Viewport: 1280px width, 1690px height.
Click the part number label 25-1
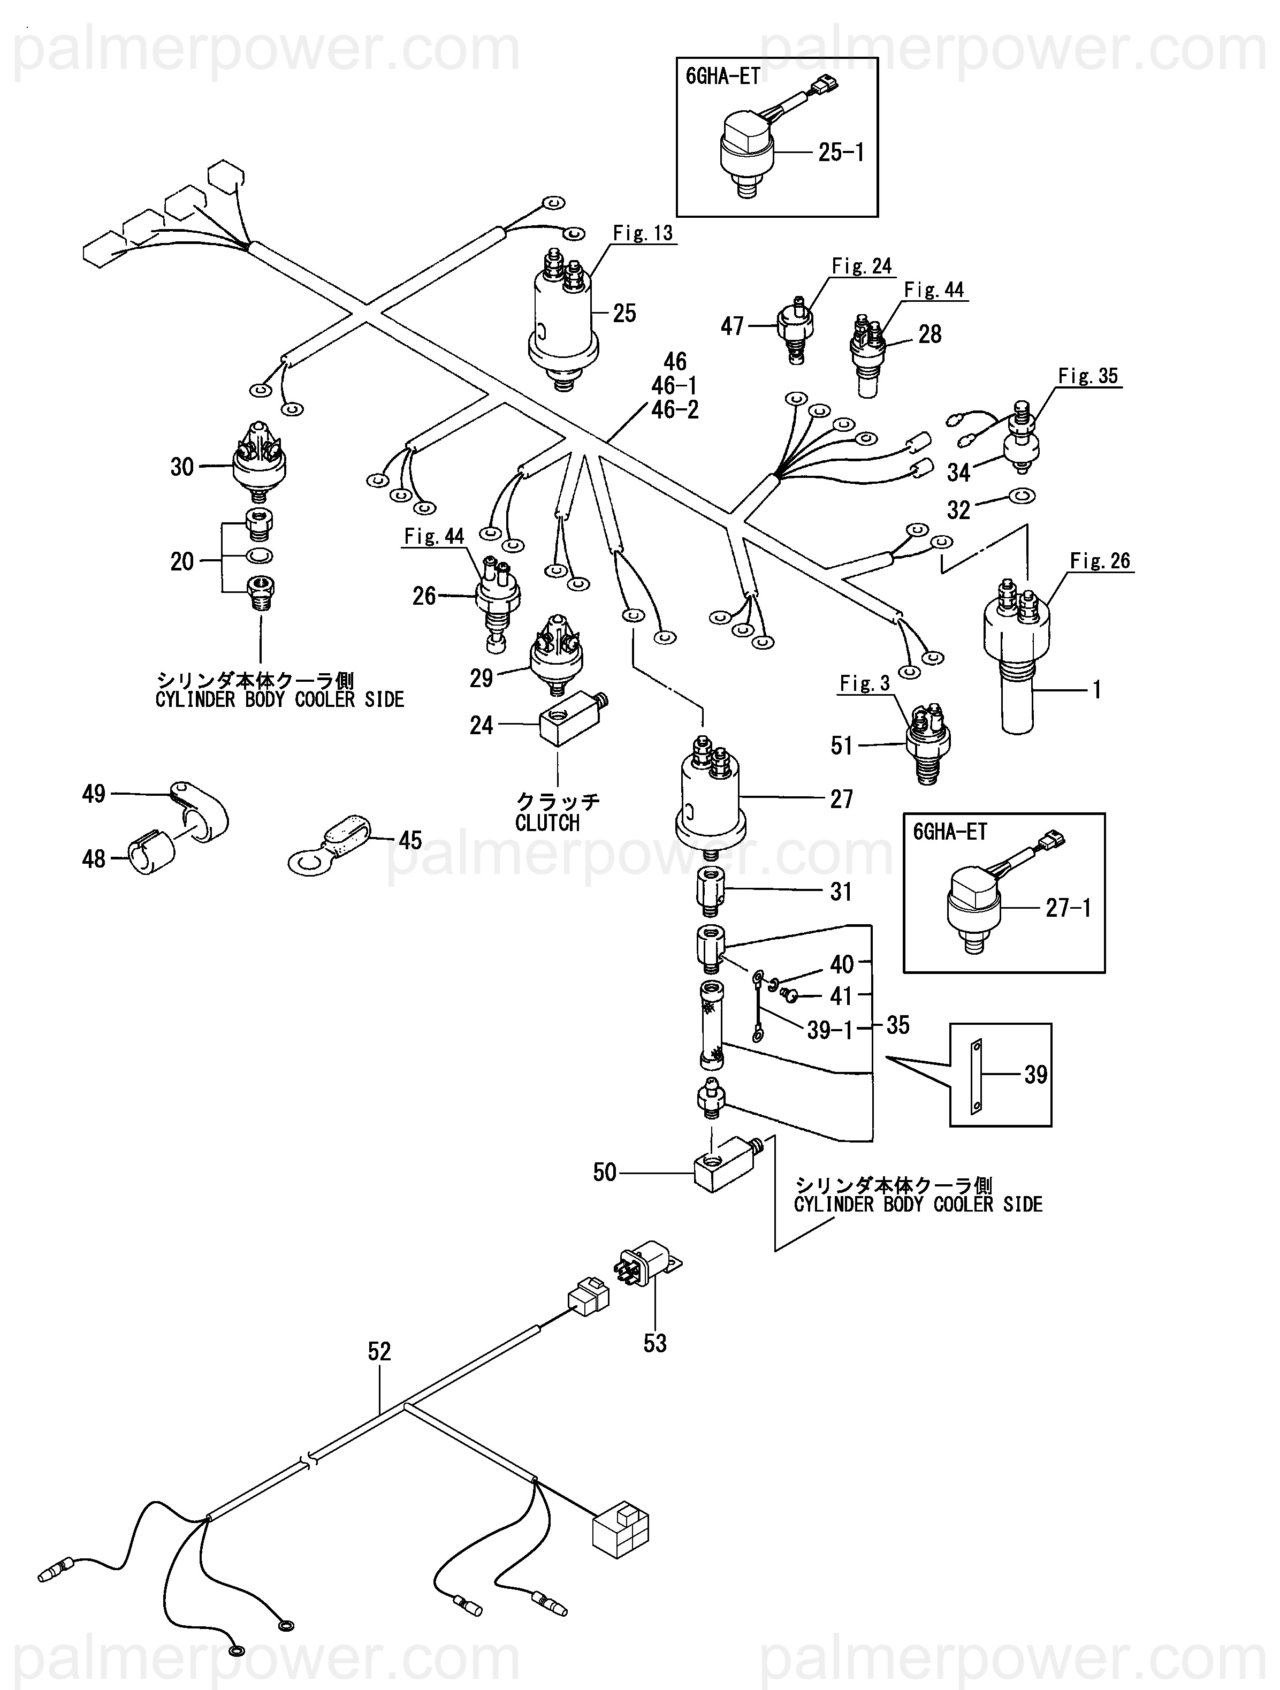(841, 153)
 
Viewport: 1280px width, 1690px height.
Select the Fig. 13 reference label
(643, 233)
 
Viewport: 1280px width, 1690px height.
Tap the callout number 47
(732, 327)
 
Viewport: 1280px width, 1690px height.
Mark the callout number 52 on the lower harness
(379, 1352)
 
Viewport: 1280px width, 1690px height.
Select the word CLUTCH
(547, 824)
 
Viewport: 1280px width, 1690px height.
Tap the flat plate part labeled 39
(976, 1075)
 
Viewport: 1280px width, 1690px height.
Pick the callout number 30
(182, 467)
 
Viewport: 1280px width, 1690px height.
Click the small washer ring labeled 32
(1022, 497)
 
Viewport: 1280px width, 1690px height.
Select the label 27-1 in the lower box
(1068, 908)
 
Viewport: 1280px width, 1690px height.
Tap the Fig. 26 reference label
(1100, 561)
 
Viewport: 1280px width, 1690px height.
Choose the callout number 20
(182, 561)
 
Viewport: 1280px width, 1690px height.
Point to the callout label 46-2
(675, 410)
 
